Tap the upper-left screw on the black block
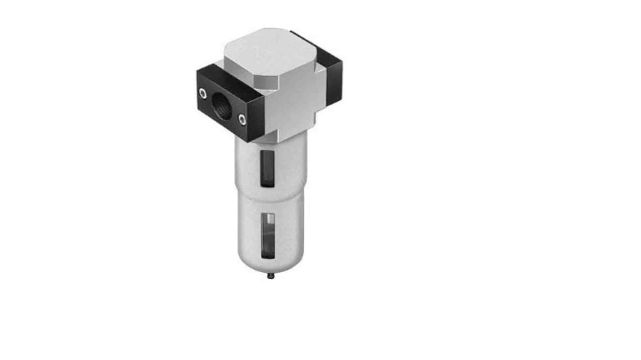coord(202,93)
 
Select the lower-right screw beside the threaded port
coord(243,120)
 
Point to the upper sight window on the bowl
coord(267,168)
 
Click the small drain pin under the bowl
coord(270,276)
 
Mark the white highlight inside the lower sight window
coord(270,219)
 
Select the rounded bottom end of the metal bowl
coord(270,265)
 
